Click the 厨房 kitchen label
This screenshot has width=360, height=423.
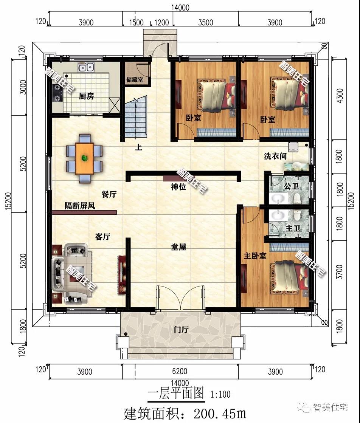point(86,96)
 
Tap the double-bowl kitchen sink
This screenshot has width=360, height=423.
point(86,67)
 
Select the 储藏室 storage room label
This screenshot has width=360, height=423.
point(135,80)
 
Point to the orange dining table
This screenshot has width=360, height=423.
point(84,158)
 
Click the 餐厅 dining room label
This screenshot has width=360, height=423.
point(109,194)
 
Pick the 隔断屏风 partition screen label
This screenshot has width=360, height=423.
point(80,206)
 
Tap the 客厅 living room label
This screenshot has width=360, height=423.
point(103,237)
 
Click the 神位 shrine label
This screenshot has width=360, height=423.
point(178,187)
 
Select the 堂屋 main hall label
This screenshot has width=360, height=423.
point(178,246)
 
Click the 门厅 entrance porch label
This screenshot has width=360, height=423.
point(181,329)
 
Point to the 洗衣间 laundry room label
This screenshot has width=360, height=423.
point(275,156)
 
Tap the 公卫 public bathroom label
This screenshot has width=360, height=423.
point(292,186)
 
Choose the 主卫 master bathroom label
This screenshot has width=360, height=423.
point(293,228)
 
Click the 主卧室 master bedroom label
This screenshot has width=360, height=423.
point(255,256)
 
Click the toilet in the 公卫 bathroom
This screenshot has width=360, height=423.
point(297,198)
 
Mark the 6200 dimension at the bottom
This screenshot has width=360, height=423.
point(180,372)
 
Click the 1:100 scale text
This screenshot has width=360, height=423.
point(220,395)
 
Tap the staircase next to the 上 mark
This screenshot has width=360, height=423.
point(136,118)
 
